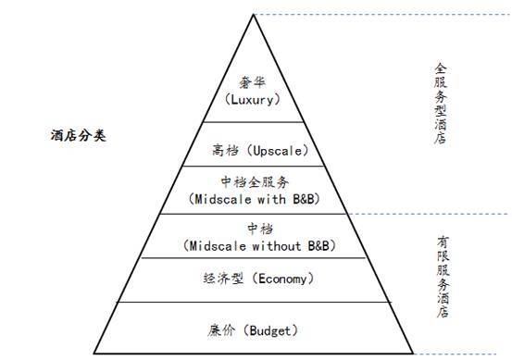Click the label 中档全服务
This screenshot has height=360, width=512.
click(255, 182)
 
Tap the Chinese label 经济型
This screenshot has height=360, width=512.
click(221, 278)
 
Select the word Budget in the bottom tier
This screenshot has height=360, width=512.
click(275, 329)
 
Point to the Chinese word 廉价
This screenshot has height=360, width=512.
click(226, 329)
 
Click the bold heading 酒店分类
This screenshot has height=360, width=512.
click(78, 135)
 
